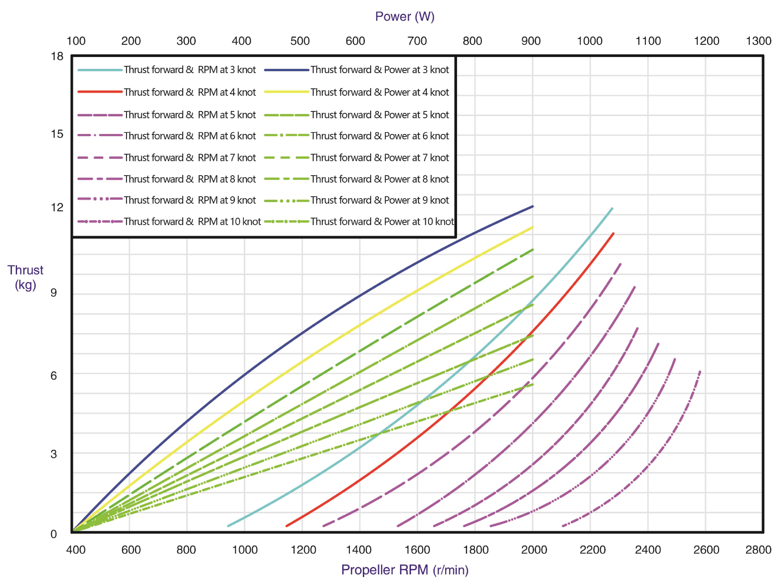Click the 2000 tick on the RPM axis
[534, 550]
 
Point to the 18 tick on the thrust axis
[57, 57]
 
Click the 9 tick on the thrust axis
[54, 293]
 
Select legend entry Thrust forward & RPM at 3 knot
[190, 70]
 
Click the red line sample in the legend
[100, 92]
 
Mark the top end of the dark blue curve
[532, 207]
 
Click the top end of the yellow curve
[532, 228]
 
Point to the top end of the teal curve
[612, 209]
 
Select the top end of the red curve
[613, 234]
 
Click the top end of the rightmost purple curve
[700, 372]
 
